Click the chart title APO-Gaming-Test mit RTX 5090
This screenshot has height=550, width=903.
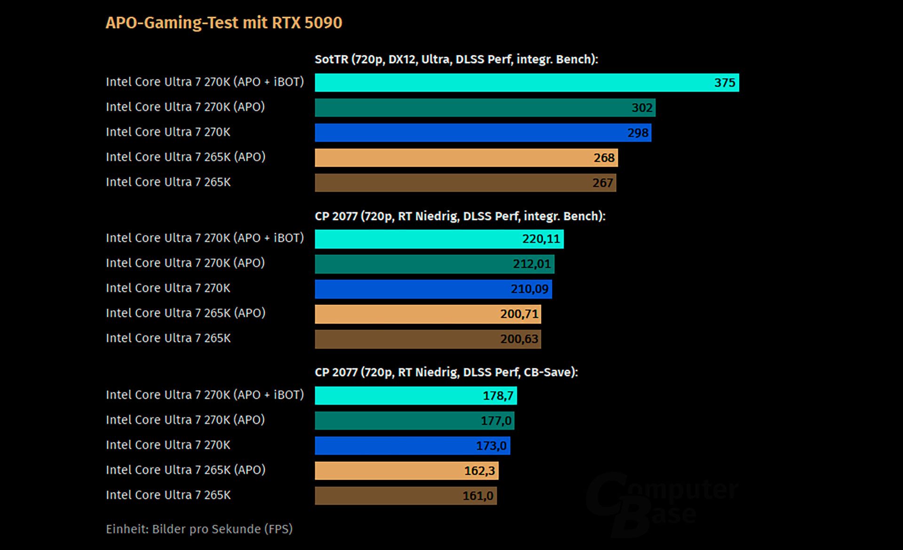coord(224,23)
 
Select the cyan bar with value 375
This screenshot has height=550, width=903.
coord(527,83)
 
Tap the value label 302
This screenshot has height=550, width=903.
coord(642,108)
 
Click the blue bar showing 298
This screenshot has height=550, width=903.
coord(483,133)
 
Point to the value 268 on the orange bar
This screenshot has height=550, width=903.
coord(604,157)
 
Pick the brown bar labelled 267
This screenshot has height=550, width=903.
coord(465,183)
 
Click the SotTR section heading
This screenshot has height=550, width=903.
coord(456,59)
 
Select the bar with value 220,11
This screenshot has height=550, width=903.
coord(439,239)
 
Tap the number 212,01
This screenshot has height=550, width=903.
coord(531,264)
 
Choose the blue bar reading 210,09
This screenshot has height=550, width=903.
coord(433,289)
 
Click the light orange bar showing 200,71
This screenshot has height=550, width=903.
coord(428,314)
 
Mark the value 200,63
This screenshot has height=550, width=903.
coord(519,339)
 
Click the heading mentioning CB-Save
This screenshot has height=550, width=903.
coord(446,372)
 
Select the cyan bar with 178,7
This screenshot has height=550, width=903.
coord(416,395)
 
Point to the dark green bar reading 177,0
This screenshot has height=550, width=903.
coord(414,420)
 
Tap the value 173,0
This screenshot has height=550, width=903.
coord(491,445)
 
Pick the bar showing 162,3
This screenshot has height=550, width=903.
coord(406,471)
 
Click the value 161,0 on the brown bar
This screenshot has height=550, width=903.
coord(478,495)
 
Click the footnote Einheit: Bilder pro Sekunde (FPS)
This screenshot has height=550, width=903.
coord(199,529)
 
